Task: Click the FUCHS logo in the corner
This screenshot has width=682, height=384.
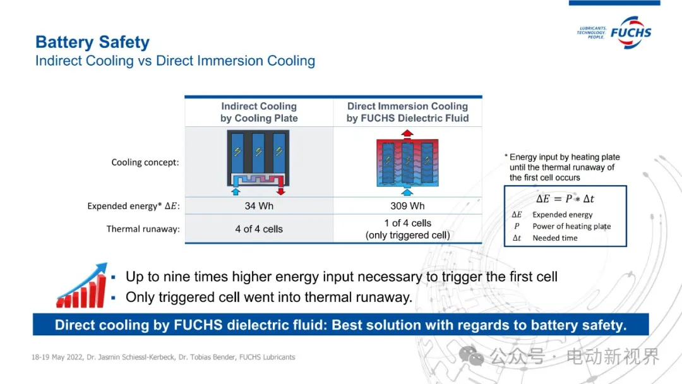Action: point(614,33)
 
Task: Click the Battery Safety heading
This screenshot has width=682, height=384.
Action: point(92,42)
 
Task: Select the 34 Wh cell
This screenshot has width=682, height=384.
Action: point(259,206)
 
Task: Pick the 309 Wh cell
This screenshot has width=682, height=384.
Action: point(407,206)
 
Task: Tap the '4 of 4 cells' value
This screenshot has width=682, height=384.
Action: point(259,229)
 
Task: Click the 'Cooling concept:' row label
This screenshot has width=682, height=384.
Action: point(145,162)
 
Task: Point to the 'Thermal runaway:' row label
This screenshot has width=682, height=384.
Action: point(143,229)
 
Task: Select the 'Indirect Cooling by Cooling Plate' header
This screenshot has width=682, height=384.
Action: point(259,112)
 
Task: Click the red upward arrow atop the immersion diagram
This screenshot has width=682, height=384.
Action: point(407,134)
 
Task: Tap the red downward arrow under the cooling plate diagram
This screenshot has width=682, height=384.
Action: point(280,191)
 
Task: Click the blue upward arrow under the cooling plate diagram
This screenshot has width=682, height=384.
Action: point(236,191)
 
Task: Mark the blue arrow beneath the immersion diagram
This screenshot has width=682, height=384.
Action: point(407,192)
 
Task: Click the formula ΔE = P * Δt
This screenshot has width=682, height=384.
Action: point(565,199)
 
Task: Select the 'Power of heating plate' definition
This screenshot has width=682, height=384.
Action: point(571,226)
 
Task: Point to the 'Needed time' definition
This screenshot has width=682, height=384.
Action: point(555,238)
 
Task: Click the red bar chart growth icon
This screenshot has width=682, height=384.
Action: point(81,285)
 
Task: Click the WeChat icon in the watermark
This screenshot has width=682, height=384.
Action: point(471,356)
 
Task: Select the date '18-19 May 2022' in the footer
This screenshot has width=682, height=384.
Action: point(57,357)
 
